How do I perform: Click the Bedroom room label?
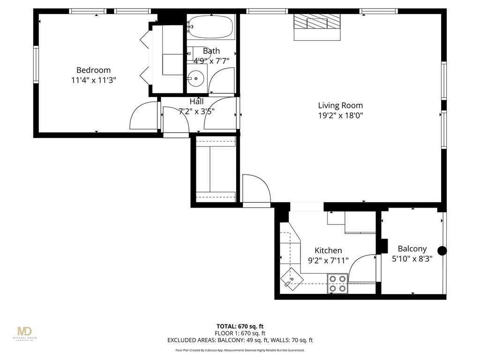click(x=94, y=70)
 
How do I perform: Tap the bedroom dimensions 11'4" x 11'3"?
click(x=94, y=80)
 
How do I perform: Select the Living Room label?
click(x=340, y=105)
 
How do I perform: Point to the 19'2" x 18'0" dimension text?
click(x=340, y=115)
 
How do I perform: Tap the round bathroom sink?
click(x=196, y=79)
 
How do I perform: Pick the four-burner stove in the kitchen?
click(x=337, y=283)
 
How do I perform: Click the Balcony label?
click(x=412, y=249)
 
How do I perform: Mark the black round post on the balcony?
click(x=442, y=251)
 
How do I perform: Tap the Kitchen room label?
click(x=328, y=250)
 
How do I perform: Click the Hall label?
click(x=196, y=101)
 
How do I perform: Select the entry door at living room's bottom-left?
click(x=257, y=190)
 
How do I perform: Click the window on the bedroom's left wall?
click(x=36, y=64)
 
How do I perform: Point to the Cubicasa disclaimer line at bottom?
click(x=240, y=350)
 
